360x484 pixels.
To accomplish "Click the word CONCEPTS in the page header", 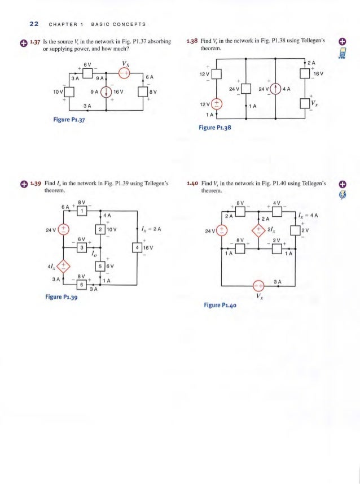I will pos(130,24).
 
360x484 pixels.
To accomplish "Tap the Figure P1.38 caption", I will pos(215,128).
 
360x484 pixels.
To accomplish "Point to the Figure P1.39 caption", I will pos(60,299).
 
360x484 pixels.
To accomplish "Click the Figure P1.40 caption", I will pos(220,305).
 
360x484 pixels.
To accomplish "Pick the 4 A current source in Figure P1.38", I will pos(275,89).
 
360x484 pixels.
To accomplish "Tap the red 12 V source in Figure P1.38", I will pos(217,104).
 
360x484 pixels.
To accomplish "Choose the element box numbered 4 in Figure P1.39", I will pos(137,247).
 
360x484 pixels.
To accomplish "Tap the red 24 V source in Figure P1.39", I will pos(64,229).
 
